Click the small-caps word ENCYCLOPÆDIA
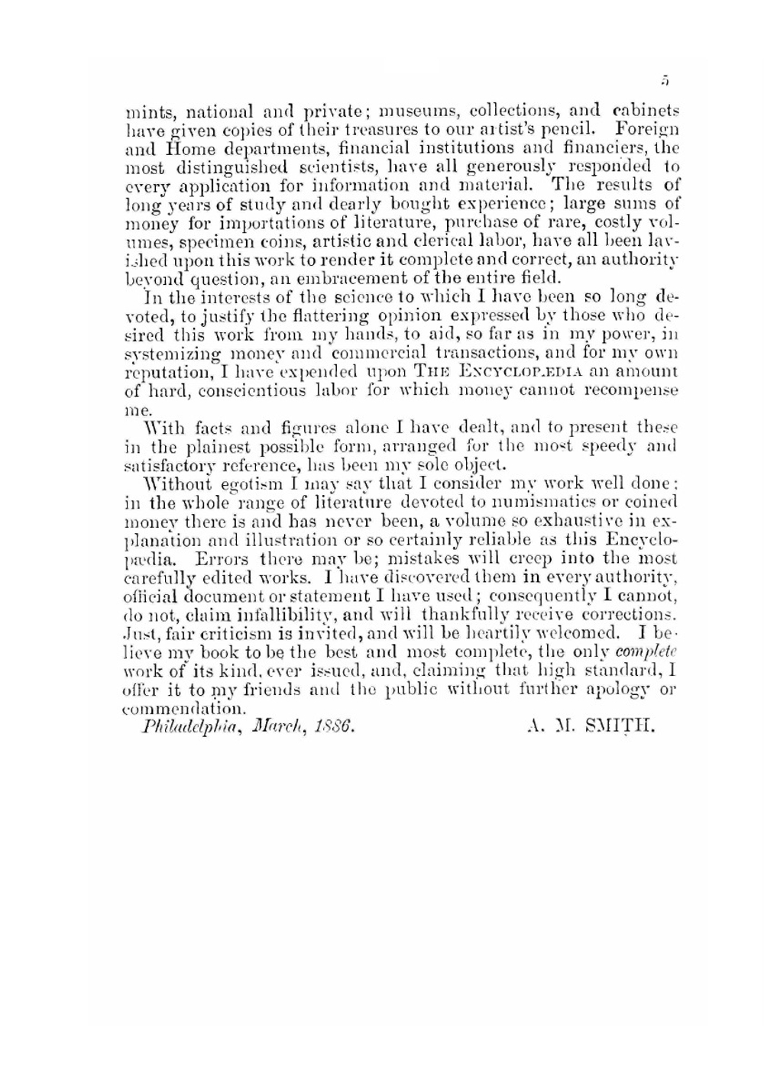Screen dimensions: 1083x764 pyautogui.click(x=519, y=372)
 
